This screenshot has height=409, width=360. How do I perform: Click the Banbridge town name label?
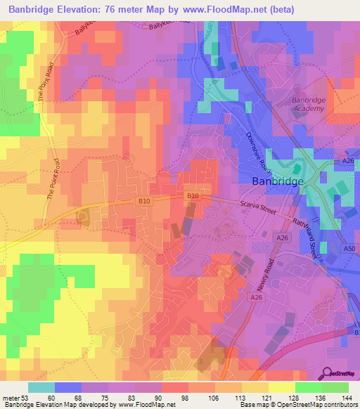[278, 181]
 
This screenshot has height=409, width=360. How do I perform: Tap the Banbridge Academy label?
[308, 104]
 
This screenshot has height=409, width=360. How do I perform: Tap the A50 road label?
[349, 249]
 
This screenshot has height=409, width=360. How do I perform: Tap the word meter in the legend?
[11, 398]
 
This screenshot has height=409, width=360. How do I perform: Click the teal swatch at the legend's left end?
[41, 387]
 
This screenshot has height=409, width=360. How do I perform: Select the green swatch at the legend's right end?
[335, 387]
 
